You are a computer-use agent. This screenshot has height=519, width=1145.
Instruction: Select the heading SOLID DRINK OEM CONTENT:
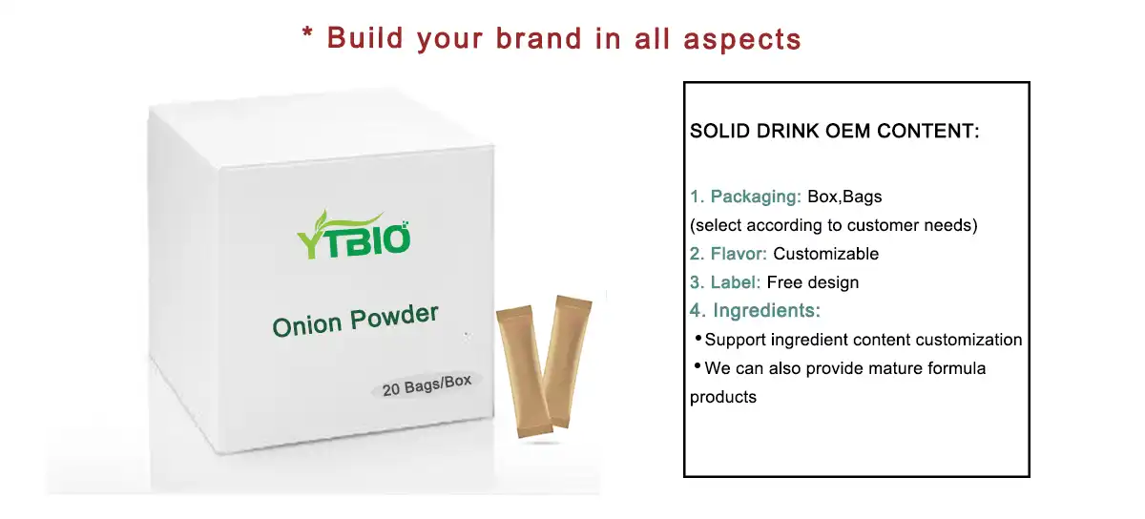pos(835,132)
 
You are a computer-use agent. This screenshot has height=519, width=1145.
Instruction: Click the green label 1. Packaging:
pos(745,197)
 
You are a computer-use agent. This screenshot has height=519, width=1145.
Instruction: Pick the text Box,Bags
pos(844,197)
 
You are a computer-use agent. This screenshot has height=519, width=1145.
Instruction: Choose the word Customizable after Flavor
pos(825,254)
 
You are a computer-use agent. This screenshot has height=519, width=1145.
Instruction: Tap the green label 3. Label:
pos(725,282)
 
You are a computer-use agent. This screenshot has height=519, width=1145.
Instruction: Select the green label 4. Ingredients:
pos(755,311)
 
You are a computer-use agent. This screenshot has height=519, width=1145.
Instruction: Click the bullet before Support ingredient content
pos(697,339)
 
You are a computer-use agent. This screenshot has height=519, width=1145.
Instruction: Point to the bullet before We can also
pos(697,367)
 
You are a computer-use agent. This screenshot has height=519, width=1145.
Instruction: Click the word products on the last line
pos(723,397)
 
